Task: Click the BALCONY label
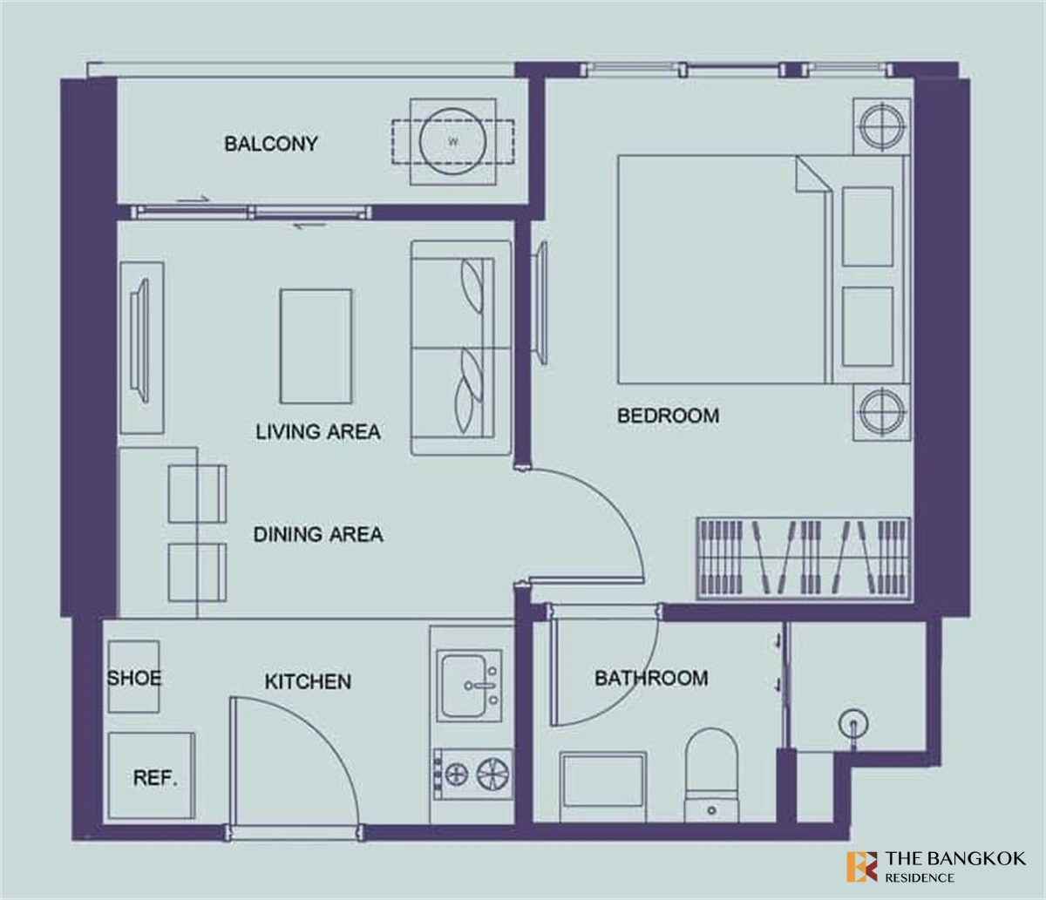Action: point(271,144)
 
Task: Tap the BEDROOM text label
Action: point(668,416)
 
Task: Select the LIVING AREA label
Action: point(318,431)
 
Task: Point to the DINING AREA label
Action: point(318,534)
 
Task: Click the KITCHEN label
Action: point(308,681)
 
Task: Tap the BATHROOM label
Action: point(651,679)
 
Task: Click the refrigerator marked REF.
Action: point(152,775)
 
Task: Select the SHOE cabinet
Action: point(133,677)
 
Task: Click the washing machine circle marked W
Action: point(453,142)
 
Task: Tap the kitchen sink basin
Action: point(464,686)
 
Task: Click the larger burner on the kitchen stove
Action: point(492,775)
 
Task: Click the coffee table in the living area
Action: point(316,347)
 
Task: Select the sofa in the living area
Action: point(461,348)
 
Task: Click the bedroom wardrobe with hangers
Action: point(803,558)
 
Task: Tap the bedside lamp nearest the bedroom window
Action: point(882,126)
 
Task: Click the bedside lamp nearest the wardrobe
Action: point(882,411)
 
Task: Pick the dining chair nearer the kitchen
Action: point(197,572)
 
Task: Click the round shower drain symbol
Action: point(853,723)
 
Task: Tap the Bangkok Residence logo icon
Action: point(862,867)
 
